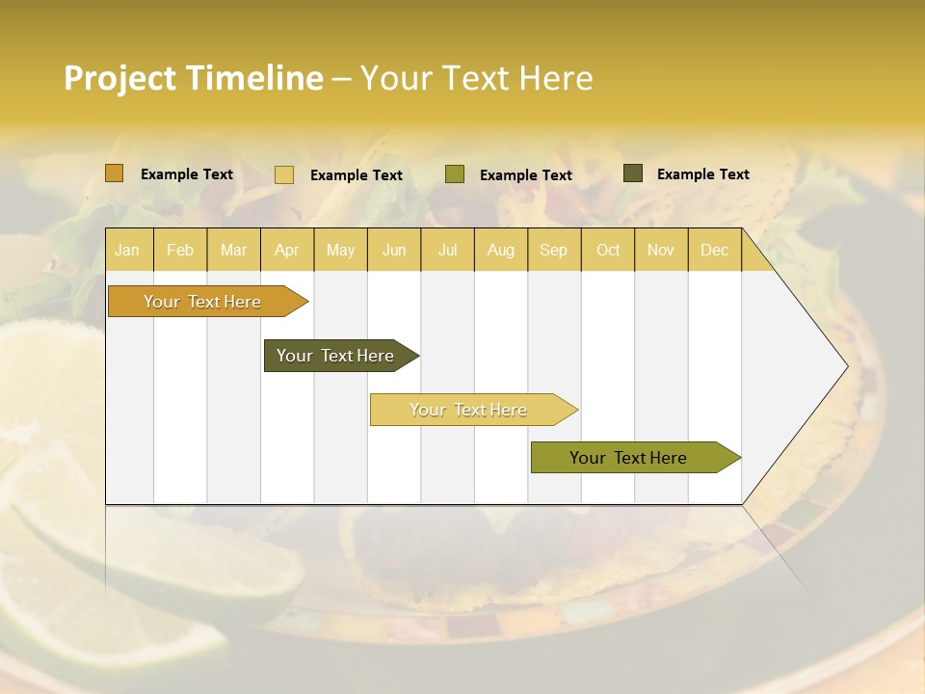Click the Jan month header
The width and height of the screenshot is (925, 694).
pos(127,250)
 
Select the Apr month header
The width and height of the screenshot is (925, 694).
pos(287,250)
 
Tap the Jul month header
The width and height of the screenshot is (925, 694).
pos(447,250)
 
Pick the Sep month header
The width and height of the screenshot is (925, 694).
pos(554,250)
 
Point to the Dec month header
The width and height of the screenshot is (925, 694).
pos(714,250)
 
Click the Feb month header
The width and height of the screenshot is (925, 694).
pos(180,250)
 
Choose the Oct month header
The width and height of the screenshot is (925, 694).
pos(608,250)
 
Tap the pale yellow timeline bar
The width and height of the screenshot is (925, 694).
pos(469,410)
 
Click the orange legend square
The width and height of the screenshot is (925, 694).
pos(115,173)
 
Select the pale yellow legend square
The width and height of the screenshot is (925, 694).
pos(284,174)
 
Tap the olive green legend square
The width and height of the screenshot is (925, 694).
pos(455,174)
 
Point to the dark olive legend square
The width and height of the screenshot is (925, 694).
pos(633,173)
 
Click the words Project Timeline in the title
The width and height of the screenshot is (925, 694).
pos(194,78)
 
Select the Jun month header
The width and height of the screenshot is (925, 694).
pos(394,250)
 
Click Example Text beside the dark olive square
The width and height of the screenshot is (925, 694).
pos(702,173)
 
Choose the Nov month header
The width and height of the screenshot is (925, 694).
pos(661,250)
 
